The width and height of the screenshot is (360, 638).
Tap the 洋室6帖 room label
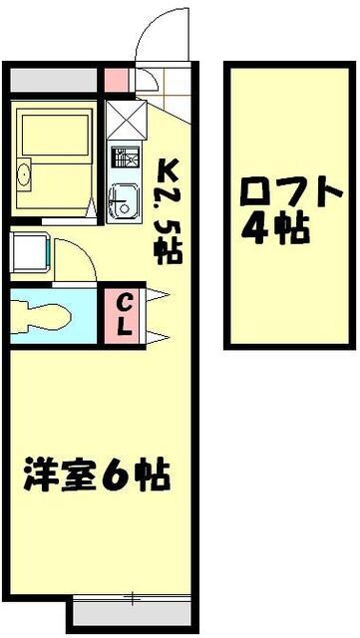click(x=96, y=474)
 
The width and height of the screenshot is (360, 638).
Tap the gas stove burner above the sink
click(x=123, y=158)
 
